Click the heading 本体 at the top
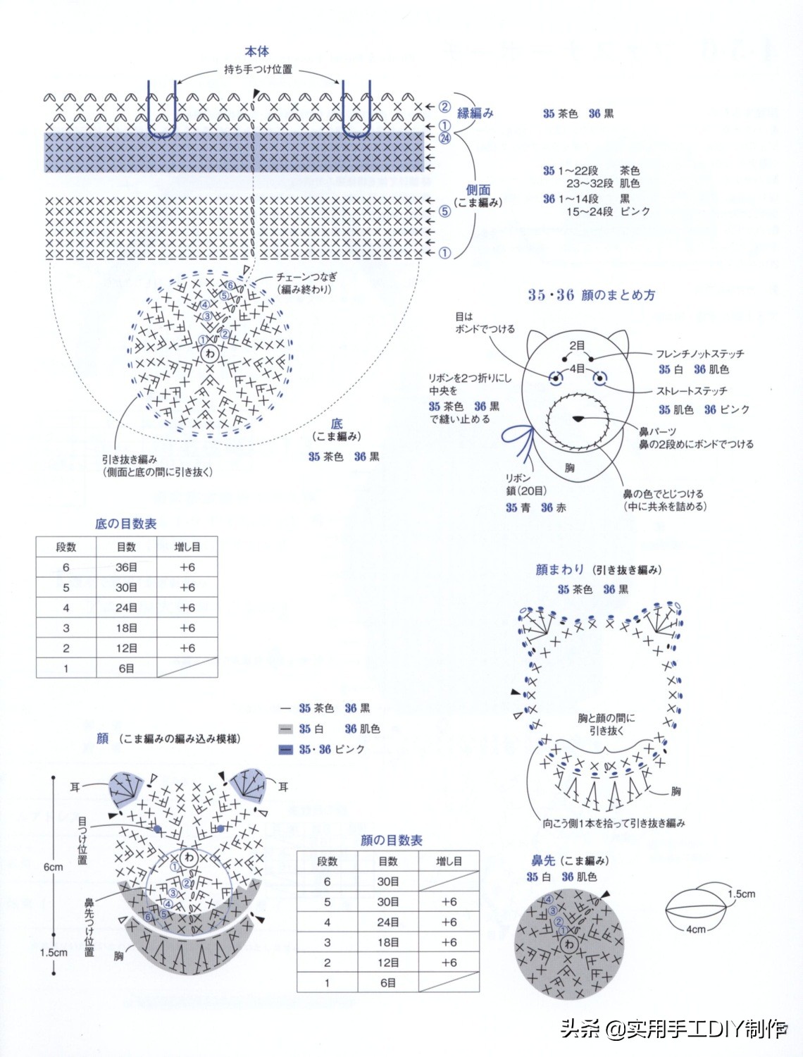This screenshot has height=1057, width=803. pos(257,51)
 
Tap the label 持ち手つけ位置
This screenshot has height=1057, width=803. pos(258,70)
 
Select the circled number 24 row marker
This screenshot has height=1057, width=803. pos(444,138)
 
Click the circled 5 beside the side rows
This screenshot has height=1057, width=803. pos(444,211)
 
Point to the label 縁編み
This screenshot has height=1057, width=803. pos(475,113)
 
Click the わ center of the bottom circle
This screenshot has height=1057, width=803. pos(210,354)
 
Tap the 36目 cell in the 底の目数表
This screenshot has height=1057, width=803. pos(127,567)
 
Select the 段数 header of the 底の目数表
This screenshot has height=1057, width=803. pos(66,547)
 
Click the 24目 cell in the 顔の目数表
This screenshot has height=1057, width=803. pos(388,922)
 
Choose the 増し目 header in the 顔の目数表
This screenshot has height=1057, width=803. pos(449,861)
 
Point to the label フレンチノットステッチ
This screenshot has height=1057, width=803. pos(699,354)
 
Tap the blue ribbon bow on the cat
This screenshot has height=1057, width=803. pos(520,437)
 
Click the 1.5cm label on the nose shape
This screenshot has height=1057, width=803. pos(741,894)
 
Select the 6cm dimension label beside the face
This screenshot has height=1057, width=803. pos(54,867)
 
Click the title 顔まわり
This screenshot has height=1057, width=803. pos(560,569)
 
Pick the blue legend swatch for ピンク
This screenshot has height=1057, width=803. pos(285,749)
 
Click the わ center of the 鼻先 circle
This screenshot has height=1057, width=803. pos(569,943)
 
